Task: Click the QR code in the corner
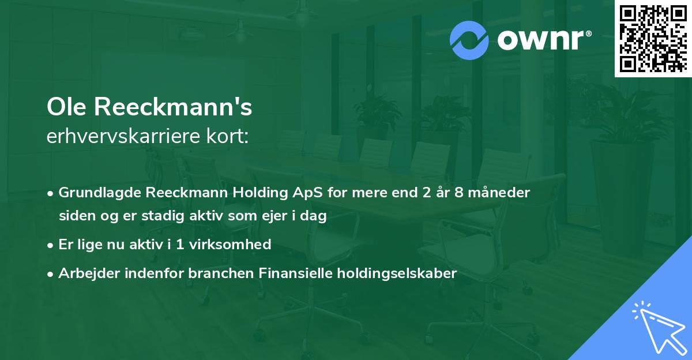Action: click(653, 38)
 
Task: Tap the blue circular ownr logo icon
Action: click(469, 40)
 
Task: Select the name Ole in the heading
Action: click(67, 107)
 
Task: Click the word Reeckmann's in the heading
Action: click(173, 107)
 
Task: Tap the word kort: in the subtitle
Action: click(231, 137)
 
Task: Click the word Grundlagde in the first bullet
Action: click(95, 192)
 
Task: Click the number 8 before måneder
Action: click(458, 192)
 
